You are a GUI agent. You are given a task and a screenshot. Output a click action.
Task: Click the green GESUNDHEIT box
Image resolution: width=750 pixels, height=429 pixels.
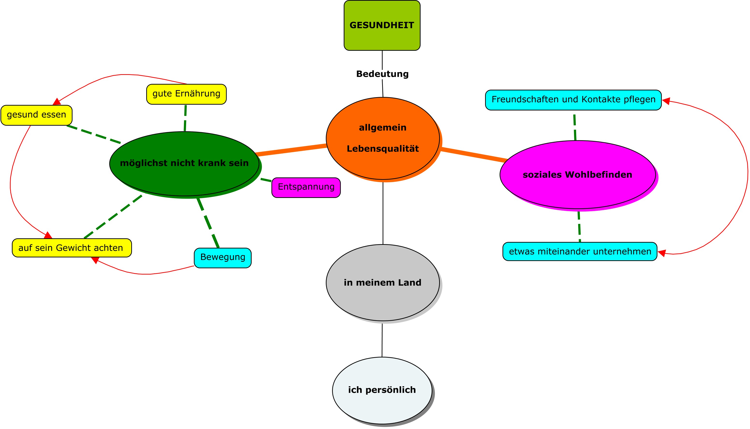[382, 25]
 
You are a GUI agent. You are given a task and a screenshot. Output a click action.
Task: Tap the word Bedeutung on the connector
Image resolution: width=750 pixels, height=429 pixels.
[382, 74]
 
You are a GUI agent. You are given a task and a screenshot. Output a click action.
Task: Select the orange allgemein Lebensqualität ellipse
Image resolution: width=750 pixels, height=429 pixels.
[383, 138]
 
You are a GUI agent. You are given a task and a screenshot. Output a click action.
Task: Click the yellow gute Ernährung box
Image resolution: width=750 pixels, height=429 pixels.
[186, 94]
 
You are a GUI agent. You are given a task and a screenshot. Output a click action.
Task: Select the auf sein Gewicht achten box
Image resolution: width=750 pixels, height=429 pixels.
[72, 248]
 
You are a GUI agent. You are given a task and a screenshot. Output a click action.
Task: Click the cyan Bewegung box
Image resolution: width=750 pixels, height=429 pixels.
[223, 258]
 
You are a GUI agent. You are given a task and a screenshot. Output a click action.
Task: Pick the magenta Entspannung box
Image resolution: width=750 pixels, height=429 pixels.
[306, 187]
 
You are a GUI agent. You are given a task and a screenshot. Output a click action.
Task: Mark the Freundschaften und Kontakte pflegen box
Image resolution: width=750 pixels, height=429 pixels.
[574, 100]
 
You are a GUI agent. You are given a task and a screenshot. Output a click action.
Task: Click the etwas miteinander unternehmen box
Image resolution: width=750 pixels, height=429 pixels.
[580, 251]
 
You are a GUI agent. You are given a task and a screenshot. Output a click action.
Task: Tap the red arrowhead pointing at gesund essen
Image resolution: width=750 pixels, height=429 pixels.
[57, 102]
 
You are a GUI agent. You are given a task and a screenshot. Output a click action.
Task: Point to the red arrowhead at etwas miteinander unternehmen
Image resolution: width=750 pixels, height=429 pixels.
[662, 253]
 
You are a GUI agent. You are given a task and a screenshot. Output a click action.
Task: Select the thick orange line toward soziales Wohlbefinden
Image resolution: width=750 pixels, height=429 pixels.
[474, 155]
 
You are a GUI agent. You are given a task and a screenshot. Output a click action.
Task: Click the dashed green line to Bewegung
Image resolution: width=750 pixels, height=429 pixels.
[208, 223]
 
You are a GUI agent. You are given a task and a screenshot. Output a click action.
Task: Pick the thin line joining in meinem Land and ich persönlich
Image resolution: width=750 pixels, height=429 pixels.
[382, 340]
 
